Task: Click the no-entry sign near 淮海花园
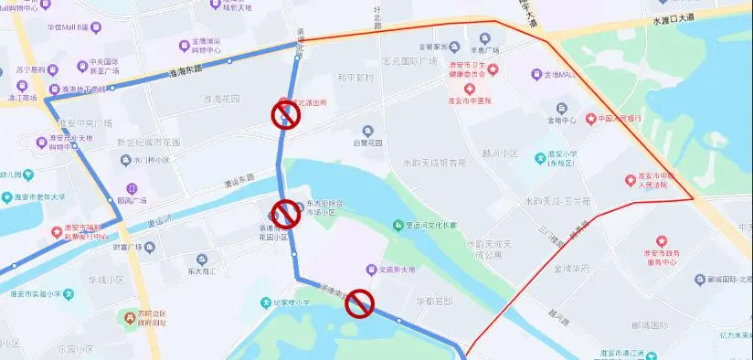click(286, 115)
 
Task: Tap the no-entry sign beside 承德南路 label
click(359, 304)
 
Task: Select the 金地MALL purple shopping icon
click(536, 74)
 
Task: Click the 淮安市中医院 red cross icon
click(470, 89)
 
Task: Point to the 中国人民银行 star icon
click(591, 119)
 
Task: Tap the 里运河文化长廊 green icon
click(398, 225)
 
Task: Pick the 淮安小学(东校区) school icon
click(539, 155)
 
